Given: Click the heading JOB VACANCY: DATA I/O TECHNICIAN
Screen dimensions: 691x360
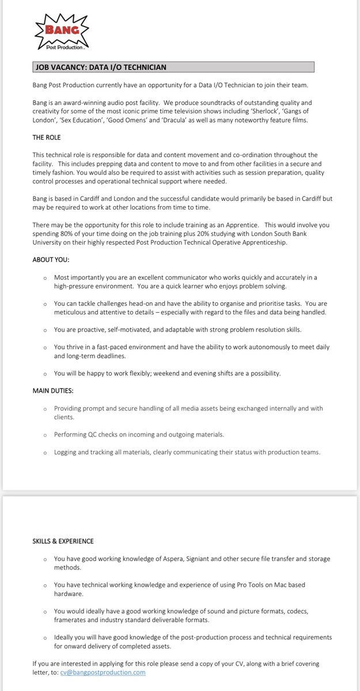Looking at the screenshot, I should (101, 67).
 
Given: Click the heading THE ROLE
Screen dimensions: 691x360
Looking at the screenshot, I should (47, 138).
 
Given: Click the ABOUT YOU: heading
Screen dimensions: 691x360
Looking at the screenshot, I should (51, 260).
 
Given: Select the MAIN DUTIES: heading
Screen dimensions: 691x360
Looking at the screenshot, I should (54, 391).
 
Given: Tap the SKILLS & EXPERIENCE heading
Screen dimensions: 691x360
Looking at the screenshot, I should (63, 541).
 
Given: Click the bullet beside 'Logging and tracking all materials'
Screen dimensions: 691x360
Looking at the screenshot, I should (45, 453).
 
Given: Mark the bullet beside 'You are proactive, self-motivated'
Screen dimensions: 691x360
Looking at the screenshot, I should (45, 330).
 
